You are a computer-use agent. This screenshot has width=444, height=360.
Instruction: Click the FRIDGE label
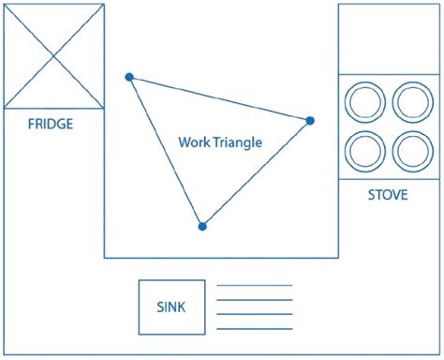click(51, 124)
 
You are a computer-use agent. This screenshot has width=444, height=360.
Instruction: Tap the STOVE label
click(387, 196)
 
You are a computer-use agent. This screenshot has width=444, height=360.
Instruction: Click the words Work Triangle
click(220, 143)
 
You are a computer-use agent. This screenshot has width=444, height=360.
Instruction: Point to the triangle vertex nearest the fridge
click(129, 77)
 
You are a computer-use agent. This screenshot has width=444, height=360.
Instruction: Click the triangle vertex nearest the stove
click(310, 120)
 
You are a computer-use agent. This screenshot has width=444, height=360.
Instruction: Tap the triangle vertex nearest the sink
click(202, 226)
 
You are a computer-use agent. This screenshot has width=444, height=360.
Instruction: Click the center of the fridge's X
click(54, 55)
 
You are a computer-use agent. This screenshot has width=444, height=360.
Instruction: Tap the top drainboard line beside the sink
click(255, 285)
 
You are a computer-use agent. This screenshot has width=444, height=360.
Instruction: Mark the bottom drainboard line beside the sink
click(255, 329)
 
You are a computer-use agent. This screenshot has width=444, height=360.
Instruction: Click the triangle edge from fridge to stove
click(220, 98)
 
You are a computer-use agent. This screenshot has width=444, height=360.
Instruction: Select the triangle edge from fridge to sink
click(166, 152)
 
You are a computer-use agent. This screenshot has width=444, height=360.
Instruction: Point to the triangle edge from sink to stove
click(257, 172)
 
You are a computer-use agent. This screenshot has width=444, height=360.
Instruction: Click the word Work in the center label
click(192, 143)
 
